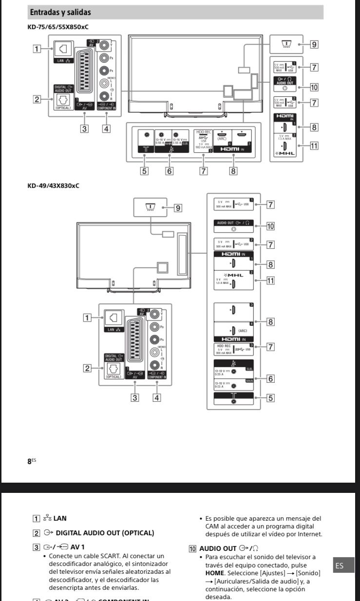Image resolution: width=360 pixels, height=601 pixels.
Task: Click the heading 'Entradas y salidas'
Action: tap(60, 12)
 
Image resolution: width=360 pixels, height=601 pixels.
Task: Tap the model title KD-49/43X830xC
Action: tap(54, 186)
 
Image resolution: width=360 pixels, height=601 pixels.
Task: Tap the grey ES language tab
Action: tap(340, 565)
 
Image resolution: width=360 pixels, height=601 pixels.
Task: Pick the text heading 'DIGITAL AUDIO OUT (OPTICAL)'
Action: tap(105, 533)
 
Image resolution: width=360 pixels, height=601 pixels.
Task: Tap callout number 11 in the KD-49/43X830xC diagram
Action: tap(270, 280)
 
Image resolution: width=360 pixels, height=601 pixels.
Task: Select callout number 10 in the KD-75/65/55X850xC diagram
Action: tap(314, 87)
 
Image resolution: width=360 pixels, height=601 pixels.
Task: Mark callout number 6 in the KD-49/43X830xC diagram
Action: tap(270, 377)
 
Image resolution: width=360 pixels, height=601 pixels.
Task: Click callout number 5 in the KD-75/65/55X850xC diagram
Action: tap(144, 171)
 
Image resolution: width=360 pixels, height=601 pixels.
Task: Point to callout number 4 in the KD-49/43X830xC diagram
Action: tap(157, 397)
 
